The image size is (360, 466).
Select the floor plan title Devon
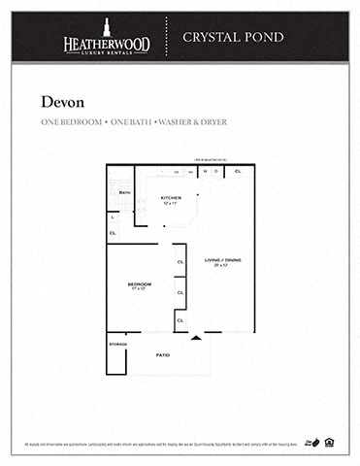coord(61,101)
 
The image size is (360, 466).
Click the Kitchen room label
coord(171,197)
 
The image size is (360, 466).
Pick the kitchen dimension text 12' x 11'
coord(171,204)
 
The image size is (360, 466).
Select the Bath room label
coord(124,192)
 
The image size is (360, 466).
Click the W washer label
coord(206,172)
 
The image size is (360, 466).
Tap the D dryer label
coord(217,172)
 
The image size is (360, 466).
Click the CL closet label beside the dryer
coord(239,172)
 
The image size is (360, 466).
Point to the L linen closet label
coord(114,216)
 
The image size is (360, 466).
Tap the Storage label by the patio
coord(117,344)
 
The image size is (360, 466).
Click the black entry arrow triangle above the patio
coord(197,337)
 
